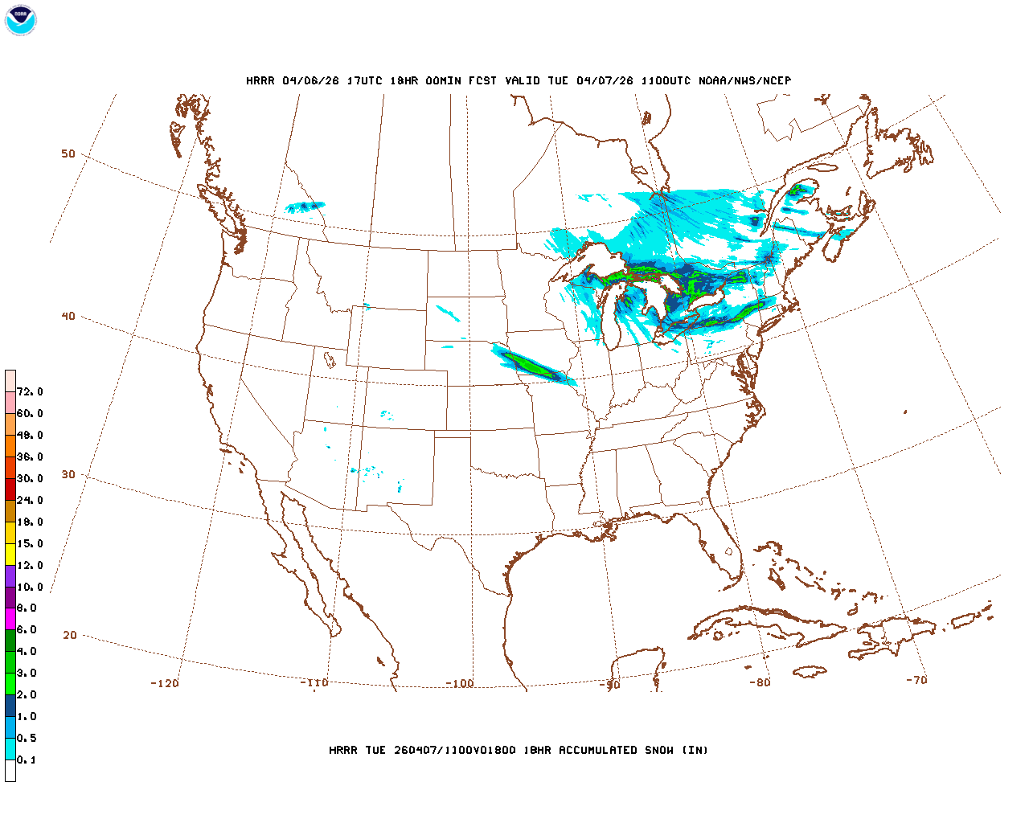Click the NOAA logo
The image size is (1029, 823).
(x=20, y=20)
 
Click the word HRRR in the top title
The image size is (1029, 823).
(x=260, y=80)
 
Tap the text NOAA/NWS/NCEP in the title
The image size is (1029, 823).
(x=744, y=80)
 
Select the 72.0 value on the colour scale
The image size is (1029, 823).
(x=30, y=391)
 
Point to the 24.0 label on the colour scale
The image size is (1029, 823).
(x=30, y=500)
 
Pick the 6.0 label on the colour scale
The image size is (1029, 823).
(x=27, y=630)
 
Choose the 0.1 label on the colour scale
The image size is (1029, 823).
(x=27, y=760)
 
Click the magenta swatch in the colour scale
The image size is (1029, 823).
(x=10, y=619)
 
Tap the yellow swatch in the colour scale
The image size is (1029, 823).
(x=10, y=554)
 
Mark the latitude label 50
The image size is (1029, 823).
(x=68, y=154)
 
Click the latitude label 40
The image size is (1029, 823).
(x=68, y=316)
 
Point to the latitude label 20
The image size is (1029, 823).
(x=70, y=635)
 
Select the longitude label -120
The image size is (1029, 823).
(x=165, y=683)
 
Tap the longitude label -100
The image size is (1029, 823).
(x=460, y=683)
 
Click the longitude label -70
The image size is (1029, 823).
(x=916, y=679)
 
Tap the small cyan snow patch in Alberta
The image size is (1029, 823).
(x=305, y=207)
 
